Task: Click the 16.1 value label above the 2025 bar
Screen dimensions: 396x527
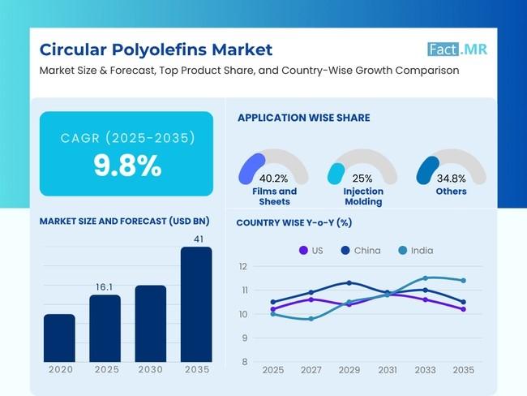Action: pyautogui.click(x=105, y=286)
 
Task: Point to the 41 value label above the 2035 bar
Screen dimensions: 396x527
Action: pyautogui.click(x=195, y=239)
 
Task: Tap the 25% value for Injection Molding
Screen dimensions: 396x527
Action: pyautogui.click(x=362, y=179)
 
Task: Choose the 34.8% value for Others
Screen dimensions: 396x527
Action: pyautogui.click(x=451, y=179)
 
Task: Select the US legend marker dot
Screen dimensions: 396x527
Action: pyautogui.click(x=303, y=250)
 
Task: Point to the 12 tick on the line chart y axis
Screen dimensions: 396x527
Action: pyautogui.click(x=243, y=266)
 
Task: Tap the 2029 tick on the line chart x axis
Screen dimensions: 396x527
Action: pyautogui.click(x=349, y=369)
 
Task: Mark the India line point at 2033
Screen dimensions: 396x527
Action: pyautogui.click(x=425, y=278)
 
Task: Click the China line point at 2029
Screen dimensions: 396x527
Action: pyautogui.click(x=349, y=282)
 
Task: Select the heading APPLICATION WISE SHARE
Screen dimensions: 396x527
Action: pyautogui.click(x=303, y=118)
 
